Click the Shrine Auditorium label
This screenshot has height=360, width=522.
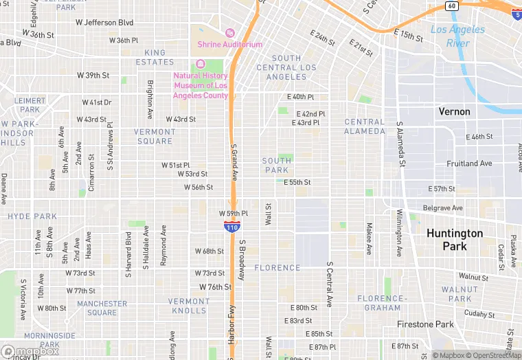point(230,45)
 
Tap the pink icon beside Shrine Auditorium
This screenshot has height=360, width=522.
point(230,33)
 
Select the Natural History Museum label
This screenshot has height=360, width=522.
point(201,85)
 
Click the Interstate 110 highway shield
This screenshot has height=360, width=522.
point(231,227)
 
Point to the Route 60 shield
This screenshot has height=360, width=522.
point(451,6)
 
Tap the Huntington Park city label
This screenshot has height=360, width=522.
point(455,240)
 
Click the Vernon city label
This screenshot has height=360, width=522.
point(455,111)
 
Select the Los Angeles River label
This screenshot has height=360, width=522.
point(457,36)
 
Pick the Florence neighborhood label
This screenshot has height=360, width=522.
point(277,268)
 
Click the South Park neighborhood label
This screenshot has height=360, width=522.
point(277,165)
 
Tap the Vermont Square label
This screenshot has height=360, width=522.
point(155,136)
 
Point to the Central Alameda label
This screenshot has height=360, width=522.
point(365,126)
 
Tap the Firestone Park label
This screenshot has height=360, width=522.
point(425,324)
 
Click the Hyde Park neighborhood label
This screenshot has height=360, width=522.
point(32,216)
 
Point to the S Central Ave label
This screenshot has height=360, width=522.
point(330,284)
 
